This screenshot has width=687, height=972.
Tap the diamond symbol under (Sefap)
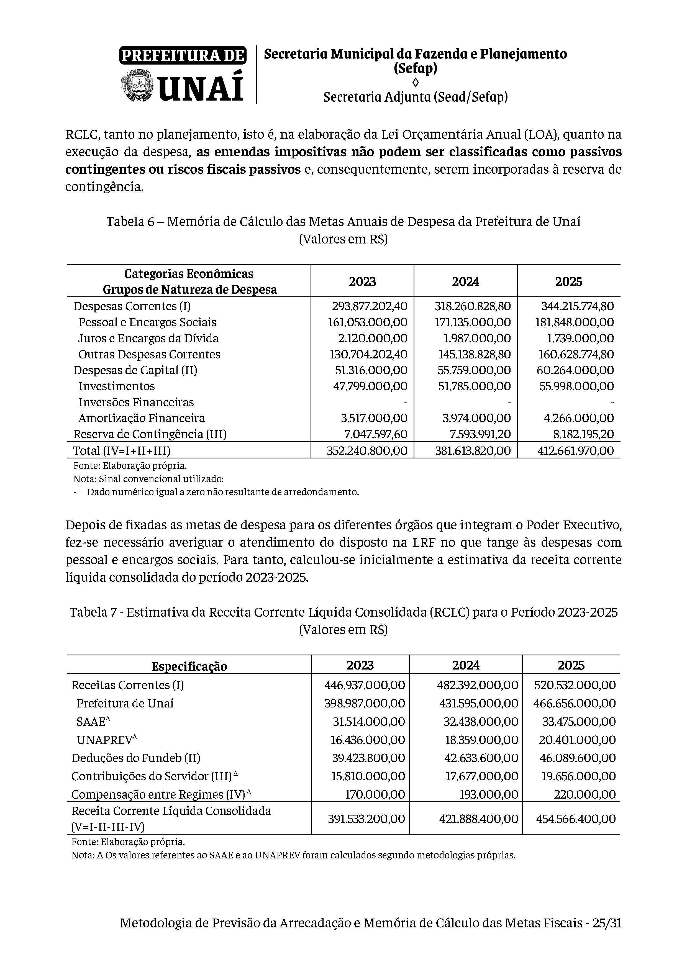[415, 82]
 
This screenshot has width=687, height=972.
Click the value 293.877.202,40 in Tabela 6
[367, 306]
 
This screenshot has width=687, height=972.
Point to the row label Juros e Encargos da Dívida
[148, 338]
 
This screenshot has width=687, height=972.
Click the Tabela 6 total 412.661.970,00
[575, 450]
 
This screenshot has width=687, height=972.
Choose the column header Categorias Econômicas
[189, 274]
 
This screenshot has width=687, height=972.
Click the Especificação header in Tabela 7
[189, 666]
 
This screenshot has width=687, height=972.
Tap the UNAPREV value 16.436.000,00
[367, 740]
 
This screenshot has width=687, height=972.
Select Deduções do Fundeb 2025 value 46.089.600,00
[577, 758]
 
